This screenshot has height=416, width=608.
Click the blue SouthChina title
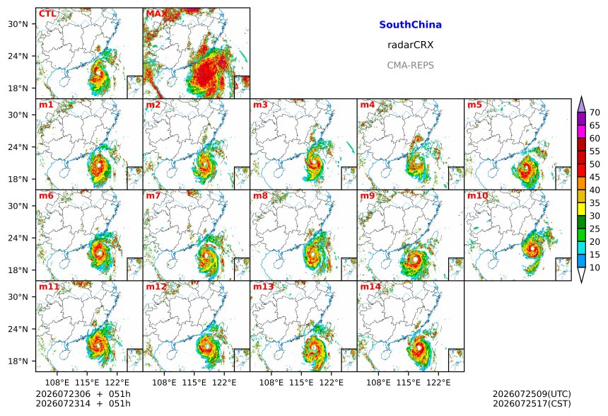pos(410,25)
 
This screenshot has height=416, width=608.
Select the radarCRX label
pos(410,45)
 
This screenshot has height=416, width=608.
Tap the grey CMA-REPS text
pos(410,65)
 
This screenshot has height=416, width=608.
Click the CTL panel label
pos(47,14)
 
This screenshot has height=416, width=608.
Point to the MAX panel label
pos(156,14)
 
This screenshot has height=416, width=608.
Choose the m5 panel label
pos(474,105)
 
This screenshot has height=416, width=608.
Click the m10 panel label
pos(477,195)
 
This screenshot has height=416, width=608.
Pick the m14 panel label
pos(370,287)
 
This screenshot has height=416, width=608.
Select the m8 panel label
pos(261,195)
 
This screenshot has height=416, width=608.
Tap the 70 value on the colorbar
pos(595,112)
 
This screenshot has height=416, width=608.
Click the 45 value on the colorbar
pos(595,178)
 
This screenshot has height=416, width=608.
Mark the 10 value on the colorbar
pos(595,267)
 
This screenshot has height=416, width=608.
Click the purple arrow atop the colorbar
pos(581,105)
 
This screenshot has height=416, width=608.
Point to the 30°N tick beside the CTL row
pos(18,24)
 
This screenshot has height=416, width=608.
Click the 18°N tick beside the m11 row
pos(18,362)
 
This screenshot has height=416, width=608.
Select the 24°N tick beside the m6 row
pos(18,238)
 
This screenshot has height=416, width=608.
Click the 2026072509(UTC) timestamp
pos(532,394)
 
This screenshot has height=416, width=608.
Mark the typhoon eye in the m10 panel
pos(533,248)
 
